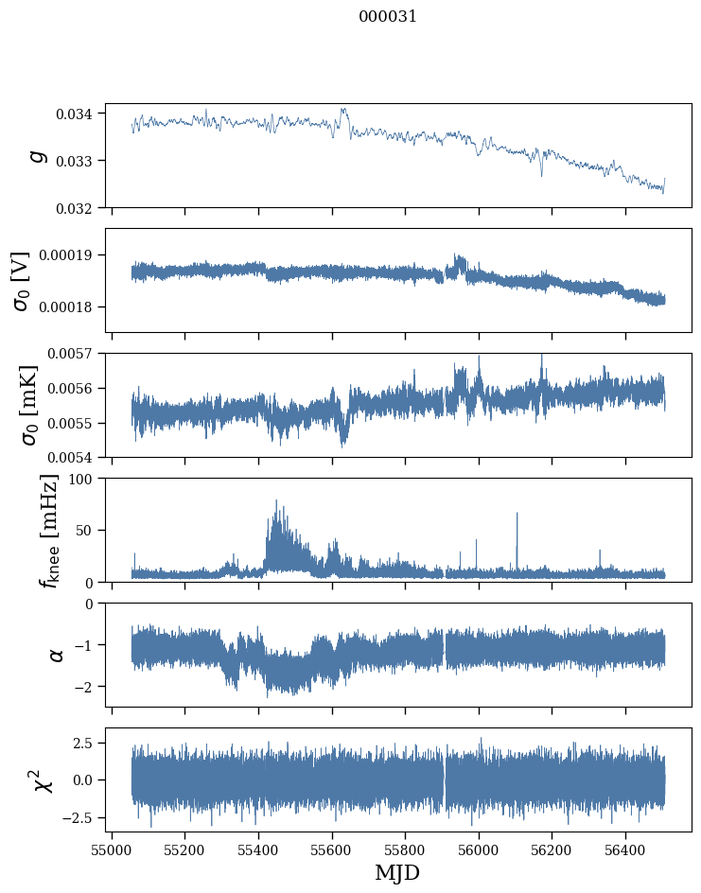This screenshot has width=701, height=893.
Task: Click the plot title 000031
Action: pyautogui.click(x=388, y=17)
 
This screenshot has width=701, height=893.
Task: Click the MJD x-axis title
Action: pyautogui.click(x=397, y=872)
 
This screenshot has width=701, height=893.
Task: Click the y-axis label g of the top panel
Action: pyautogui.click(x=38, y=155)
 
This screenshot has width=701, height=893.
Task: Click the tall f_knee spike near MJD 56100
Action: pyautogui.click(x=517, y=516)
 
